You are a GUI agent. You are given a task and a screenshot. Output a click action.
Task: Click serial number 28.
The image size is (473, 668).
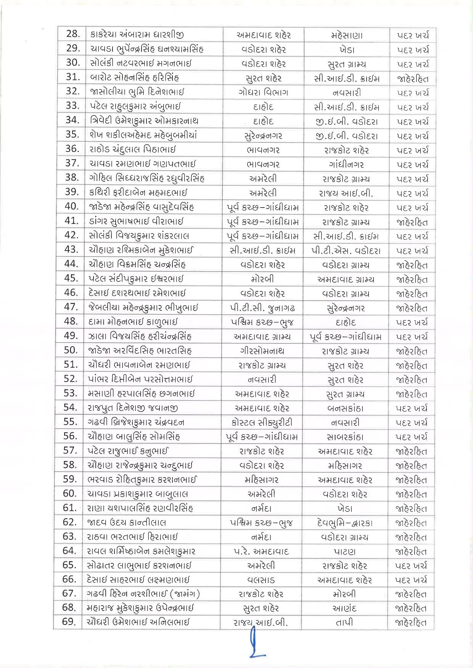tap(73, 34)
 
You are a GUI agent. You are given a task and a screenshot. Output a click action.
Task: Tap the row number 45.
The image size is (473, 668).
tap(71, 278)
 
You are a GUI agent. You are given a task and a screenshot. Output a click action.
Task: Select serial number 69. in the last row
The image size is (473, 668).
tap(70, 622)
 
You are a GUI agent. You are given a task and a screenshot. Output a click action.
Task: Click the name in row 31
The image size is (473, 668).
tap(135, 78)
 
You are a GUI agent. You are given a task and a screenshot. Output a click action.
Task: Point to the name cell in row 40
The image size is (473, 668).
tap(142, 207)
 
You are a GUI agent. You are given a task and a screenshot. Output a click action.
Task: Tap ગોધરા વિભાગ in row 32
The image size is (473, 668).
tap(263, 92)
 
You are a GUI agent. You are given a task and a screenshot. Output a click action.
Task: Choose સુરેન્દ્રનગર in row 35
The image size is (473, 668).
tap(263, 136)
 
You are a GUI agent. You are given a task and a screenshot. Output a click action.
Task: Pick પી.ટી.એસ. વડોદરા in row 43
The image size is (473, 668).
tap(346, 251)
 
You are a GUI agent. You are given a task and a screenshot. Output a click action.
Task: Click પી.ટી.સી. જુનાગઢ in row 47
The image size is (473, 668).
tap(263, 308)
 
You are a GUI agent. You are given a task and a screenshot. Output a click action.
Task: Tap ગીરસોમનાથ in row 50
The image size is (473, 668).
tap(262, 351)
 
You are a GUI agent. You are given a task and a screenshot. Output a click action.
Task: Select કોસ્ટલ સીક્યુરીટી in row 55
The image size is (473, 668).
tap(262, 422)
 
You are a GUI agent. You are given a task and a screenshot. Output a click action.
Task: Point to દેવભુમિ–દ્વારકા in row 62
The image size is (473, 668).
tap(345, 523)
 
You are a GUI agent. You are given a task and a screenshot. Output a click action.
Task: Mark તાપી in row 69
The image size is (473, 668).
tap(344, 622)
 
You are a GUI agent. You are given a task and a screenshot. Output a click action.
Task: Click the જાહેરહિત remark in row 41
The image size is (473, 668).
tap(412, 222)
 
